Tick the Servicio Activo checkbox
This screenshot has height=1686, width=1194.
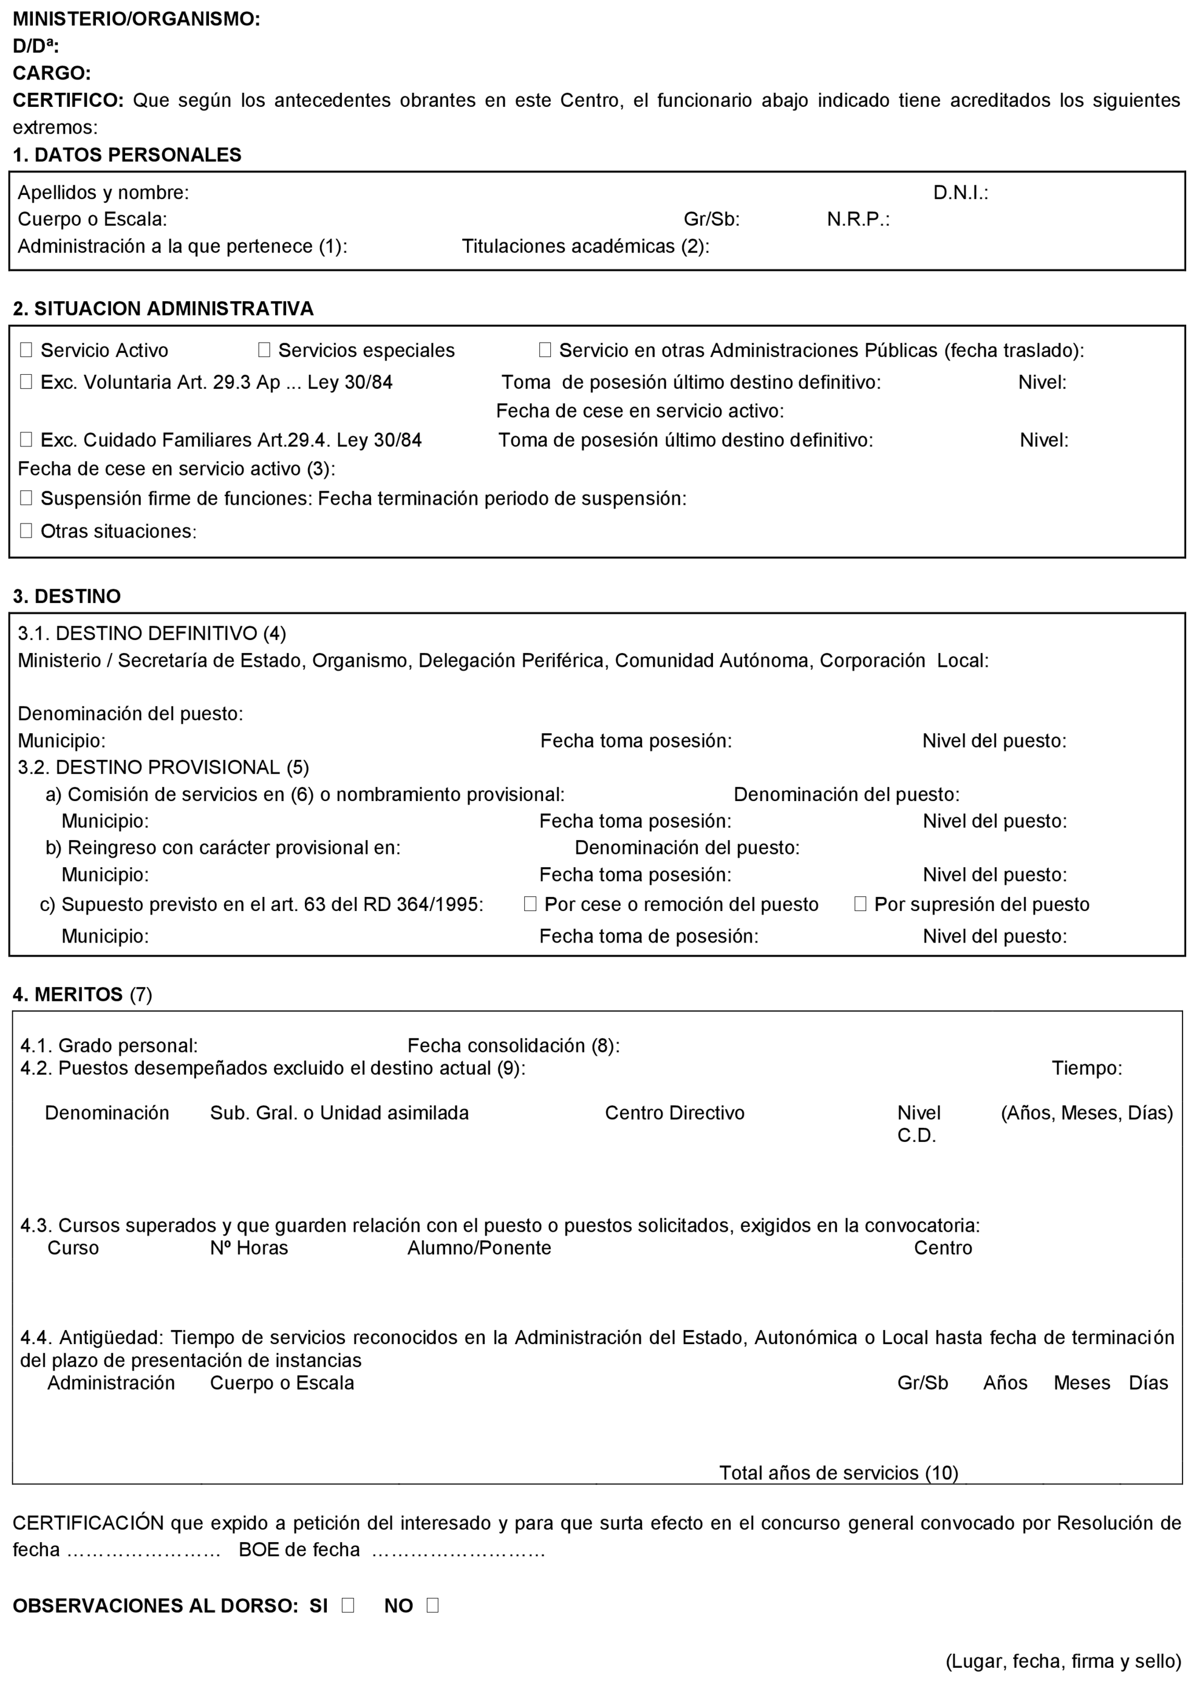26,350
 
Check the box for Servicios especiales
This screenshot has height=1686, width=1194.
264,350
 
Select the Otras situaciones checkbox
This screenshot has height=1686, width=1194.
26,530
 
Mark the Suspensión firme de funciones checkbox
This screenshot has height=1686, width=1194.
26,498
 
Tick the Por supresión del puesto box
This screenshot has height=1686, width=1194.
860,904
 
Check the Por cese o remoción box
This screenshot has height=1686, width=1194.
530,904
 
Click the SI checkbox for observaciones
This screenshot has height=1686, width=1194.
348,1606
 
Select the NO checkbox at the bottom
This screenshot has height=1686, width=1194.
432,1606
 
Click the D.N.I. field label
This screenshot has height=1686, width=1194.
960,193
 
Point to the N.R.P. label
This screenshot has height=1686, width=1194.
858,219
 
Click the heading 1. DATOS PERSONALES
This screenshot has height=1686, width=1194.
127,155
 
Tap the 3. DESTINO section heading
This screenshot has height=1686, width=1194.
67,596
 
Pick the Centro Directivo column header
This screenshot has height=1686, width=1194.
674,1113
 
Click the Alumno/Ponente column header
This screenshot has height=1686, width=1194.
479,1247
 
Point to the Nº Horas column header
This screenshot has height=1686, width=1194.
248,1247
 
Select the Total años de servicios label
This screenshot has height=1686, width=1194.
838,1473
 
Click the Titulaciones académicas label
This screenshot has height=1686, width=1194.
585,247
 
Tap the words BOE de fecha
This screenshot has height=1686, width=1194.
299,1550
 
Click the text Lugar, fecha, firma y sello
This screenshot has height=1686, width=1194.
1063,1661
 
